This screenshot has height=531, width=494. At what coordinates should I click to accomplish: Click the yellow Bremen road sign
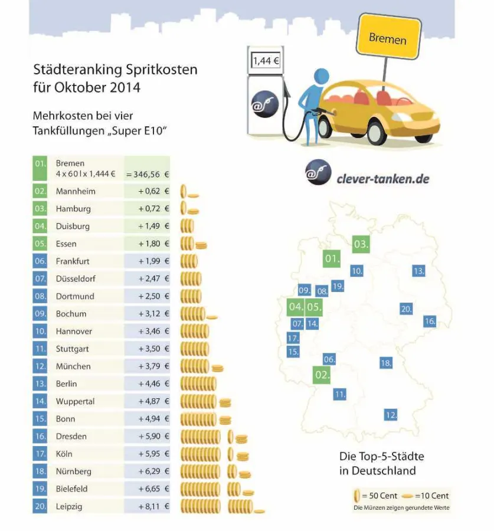point(388,39)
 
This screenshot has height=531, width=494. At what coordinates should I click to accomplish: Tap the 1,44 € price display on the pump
point(266,61)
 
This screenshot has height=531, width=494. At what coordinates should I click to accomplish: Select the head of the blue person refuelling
point(321,77)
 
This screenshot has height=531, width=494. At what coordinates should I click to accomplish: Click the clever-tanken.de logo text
point(382,178)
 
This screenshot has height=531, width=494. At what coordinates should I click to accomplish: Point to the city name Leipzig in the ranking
point(70,506)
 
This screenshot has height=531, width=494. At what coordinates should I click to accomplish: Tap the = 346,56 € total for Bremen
point(147,175)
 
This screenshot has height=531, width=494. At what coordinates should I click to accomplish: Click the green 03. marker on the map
point(361,244)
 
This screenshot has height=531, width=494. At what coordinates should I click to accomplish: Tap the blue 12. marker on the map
point(390,415)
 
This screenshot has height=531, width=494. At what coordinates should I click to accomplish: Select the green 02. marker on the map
point(322,375)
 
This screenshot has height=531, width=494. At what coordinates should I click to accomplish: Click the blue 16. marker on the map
point(430,322)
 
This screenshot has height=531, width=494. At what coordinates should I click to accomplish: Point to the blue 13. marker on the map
point(418,271)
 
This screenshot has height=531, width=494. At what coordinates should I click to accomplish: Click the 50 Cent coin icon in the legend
point(356,496)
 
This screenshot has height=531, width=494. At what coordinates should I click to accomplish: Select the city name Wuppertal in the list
point(75,401)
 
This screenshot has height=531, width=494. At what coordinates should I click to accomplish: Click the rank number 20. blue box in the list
point(40,506)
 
